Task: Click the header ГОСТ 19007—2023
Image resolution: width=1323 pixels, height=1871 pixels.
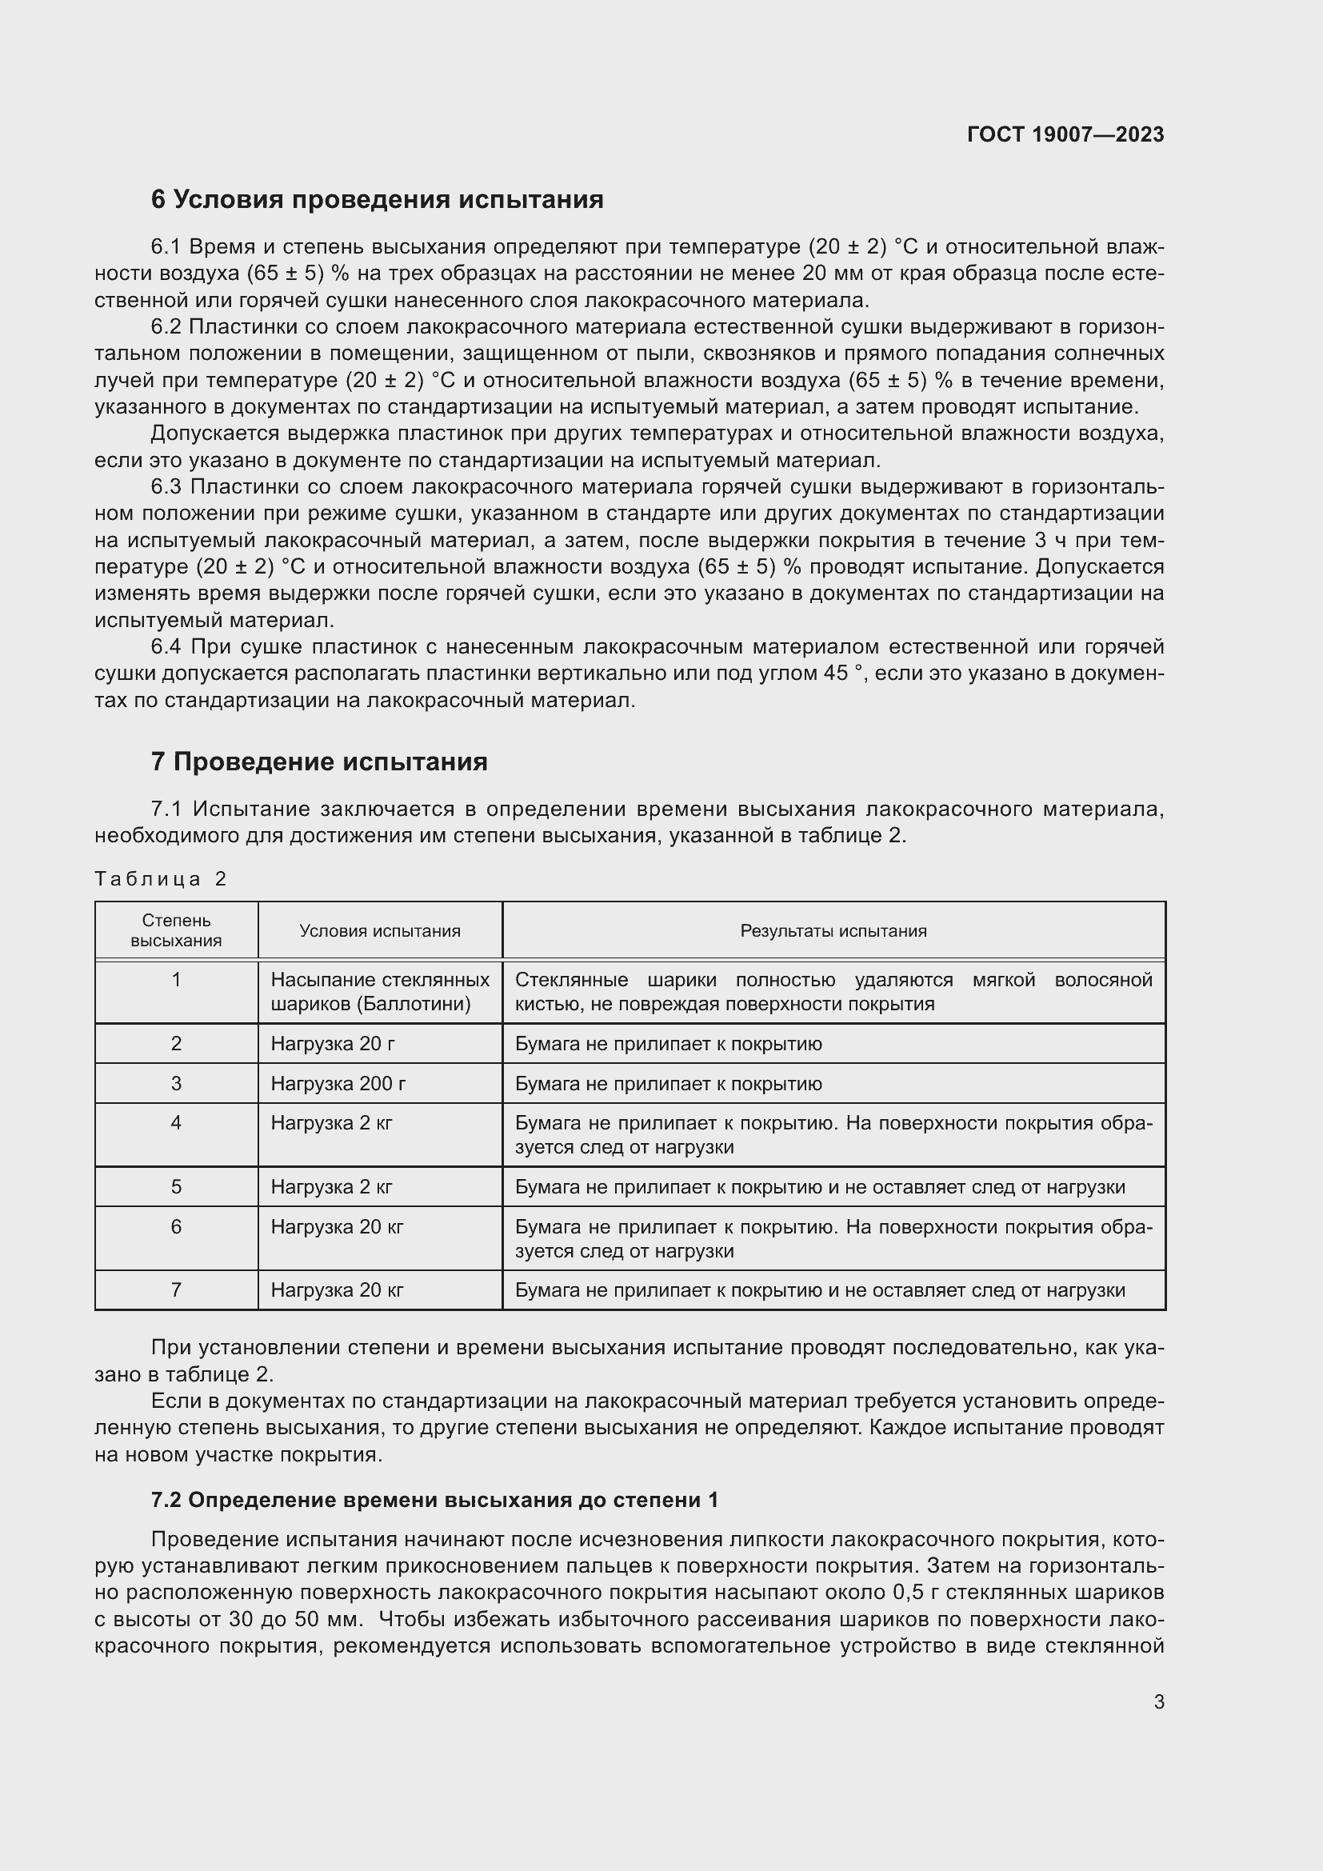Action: point(1065,134)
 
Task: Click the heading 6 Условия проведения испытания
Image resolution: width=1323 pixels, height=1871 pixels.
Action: point(377,200)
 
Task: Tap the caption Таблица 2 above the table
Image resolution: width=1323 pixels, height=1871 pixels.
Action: point(161,878)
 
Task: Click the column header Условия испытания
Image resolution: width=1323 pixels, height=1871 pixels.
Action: point(380,930)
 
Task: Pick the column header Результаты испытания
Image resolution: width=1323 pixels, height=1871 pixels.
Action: point(833,930)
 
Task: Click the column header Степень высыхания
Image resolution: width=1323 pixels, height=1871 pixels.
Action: point(176,930)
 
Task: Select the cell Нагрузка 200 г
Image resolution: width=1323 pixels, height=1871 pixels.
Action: point(338,1084)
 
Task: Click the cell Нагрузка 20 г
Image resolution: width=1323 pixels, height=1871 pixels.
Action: point(333,1044)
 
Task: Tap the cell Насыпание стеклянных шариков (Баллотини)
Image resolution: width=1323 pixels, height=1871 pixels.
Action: point(380,992)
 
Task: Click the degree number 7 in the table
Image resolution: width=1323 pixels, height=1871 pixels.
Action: point(176,1290)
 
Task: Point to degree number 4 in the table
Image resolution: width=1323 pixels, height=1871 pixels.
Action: point(176,1123)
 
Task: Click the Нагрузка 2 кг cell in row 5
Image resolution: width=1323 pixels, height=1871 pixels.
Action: point(332,1186)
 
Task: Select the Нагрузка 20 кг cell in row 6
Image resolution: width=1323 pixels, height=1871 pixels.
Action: point(337,1226)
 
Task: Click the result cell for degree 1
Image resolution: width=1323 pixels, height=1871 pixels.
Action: point(833,992)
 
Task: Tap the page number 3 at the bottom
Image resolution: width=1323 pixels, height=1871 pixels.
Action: point(1158,1701)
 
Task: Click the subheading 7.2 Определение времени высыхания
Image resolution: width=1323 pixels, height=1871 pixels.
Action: point(434,1500)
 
